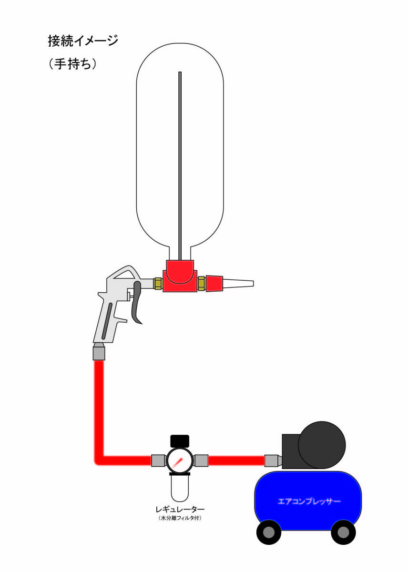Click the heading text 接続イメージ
click(83, 41)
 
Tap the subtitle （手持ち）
click(73, 64)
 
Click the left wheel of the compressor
click(268, 532)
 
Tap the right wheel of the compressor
click(343, 532)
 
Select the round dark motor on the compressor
click(322, 445)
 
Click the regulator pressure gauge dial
click(179, 460)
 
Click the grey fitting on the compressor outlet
click(272, 460)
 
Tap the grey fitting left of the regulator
click(158, 460)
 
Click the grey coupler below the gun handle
click(99, 352)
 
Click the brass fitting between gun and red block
click(158, 283)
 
